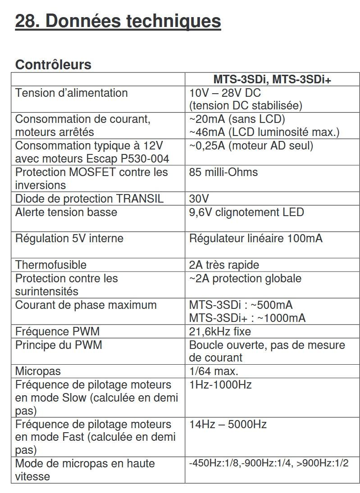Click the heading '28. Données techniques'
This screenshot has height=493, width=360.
pos(118,21)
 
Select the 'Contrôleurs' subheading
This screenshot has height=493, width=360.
pos(53,64)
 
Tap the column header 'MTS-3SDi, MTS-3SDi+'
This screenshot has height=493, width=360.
pos(272,80)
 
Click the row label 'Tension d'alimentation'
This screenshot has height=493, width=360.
pos(72,93)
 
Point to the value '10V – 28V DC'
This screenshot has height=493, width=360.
pos(225,93)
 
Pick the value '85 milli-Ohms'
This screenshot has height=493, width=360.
pos(223,172)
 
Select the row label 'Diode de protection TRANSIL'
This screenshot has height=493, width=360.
pos(89,199)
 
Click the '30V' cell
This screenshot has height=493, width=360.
pos(199,199)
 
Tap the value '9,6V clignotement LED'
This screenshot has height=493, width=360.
pos(246,212)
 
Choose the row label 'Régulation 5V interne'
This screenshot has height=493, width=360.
pos(69,238)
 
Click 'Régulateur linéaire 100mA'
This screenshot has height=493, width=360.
pos(256,238)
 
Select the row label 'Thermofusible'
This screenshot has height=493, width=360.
pos(51,265)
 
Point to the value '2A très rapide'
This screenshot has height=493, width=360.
pos(224,265)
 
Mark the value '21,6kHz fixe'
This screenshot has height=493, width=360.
pos(220,332)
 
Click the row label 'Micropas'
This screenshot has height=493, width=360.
pos(38,371)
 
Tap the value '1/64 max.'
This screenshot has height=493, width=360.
pos(214,371)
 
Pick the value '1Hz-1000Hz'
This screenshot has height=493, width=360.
pos(220,385)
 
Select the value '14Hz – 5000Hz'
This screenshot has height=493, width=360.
pos(228,424)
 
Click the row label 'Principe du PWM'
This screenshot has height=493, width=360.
pos(59,345)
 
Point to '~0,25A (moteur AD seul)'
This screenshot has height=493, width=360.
pos(251,146)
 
